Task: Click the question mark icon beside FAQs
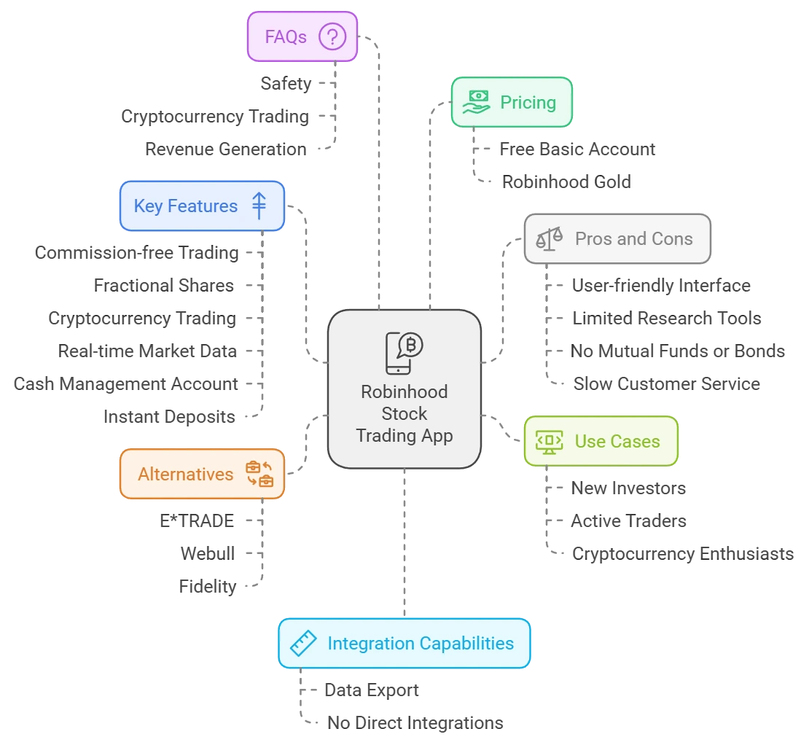(x=332, y=36)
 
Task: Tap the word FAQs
(x=286, y=36)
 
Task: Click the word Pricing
(x=528, y=103)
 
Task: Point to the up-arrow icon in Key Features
(x=259, y=206)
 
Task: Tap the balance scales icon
(x=550, y=238)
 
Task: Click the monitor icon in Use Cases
(x=549, y=441)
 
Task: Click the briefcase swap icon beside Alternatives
(x=259, y=474)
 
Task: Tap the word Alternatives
(x=185, y=475)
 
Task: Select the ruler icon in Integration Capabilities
(x=302, y=644)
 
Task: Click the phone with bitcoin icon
(x=404, y=352)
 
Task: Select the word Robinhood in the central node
(x=404, y=391)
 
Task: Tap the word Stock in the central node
(x=404, y=414)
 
